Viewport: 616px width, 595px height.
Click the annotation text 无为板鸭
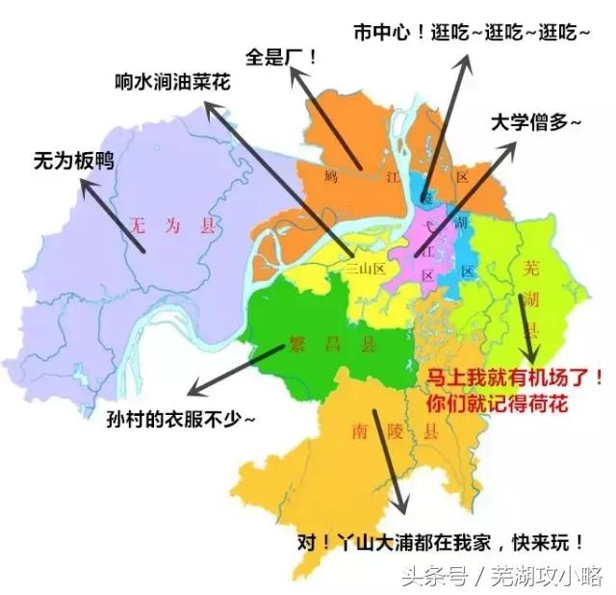pyautogui.click(x=73, y=160)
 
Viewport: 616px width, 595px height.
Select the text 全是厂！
pyautogui.click(x=282, y=55)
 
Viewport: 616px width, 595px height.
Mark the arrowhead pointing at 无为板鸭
pyautogui.click(x=86, y=185)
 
